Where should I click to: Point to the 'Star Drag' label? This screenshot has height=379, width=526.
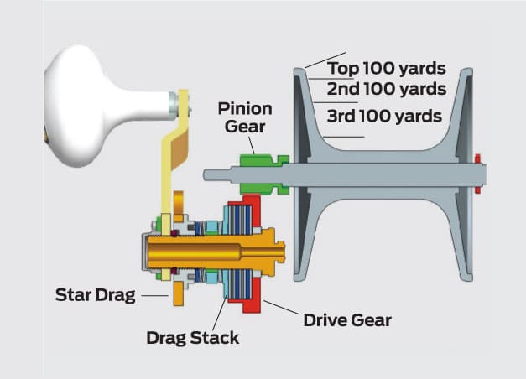(95, 294)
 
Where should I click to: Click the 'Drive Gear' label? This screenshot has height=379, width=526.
(347, 319)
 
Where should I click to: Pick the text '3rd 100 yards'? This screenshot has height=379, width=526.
(384, 116)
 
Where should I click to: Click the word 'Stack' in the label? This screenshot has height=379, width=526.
(216, 338)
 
